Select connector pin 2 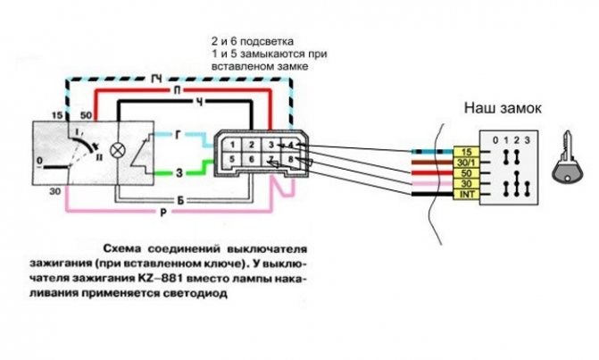(253, 143)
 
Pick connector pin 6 (253, 160)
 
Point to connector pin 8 (291, 160)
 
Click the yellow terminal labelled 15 (466, 152)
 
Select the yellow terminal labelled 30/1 (466, 163)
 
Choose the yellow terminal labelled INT (466, 193)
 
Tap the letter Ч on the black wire (200, 103)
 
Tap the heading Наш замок (502, 108)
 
